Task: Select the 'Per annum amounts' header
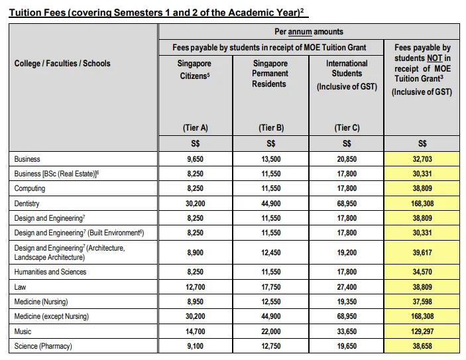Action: [x=309, y=31]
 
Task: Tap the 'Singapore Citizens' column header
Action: [x=195, y=70]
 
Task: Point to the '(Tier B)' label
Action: [x=271, y=128]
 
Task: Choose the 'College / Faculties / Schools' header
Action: [x=62, y=64]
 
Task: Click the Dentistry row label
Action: [x=27, y=204]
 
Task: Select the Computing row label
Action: [x=30, y=189]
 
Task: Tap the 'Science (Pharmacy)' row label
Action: [x=43, y=346]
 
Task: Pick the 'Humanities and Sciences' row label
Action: [x=50, y=272]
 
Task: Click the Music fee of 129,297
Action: [x=422, y=331]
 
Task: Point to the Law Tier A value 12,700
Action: [x=195, y=287]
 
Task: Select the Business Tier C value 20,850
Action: [x=347, y=159]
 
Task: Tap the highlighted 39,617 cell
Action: [x=422, y=253]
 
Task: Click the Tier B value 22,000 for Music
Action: [x=271, y=331]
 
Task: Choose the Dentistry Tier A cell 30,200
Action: [x=195, y=204]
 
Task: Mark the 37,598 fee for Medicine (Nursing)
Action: [x=422, y=302]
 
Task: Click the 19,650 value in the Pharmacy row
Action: [x=347, y=346]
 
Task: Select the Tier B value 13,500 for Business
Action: [x=271, y=159]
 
